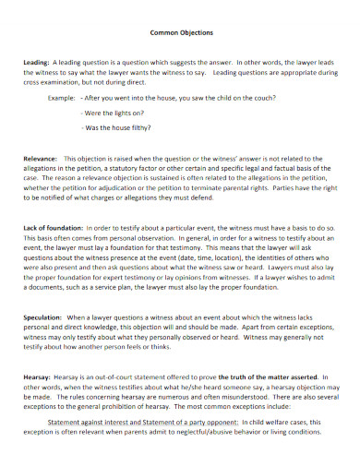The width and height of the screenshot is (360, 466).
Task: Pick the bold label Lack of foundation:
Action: click(54, 227)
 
